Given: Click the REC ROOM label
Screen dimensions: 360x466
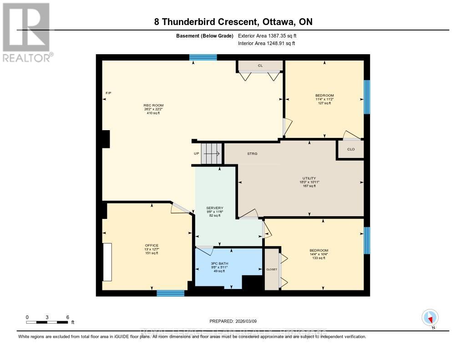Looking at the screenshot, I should click(x=153, y=105).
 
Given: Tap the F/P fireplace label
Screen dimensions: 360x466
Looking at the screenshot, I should click(x=108, y=93).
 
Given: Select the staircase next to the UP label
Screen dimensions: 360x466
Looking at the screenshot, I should click(x=212, y=153).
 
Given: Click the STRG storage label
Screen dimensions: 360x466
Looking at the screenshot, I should click(x=252, y=154).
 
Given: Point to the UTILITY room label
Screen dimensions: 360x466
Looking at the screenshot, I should click(x=309, y=178).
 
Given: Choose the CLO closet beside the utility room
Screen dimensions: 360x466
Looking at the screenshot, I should click(x=350, y=149).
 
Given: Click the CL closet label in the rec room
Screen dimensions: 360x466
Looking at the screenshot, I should click(x=260, y=66).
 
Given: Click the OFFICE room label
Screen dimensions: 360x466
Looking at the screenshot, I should click(x=152, y=245).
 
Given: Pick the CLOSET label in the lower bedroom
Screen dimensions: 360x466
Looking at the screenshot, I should click(x=272, y=269).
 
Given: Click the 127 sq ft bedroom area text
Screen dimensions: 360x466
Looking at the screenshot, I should click(x=324, y=103).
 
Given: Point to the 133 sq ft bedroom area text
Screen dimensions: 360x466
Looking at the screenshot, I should click(x=319, y=258).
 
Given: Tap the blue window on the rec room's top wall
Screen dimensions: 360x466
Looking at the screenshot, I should click(x=203, y=57).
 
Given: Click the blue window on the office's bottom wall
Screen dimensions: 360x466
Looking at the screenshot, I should click(x=171, y=293).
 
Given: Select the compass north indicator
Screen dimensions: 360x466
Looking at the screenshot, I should click(x=430, y=318).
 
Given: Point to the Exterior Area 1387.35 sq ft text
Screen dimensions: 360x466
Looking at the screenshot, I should click(x=268, y=35).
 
